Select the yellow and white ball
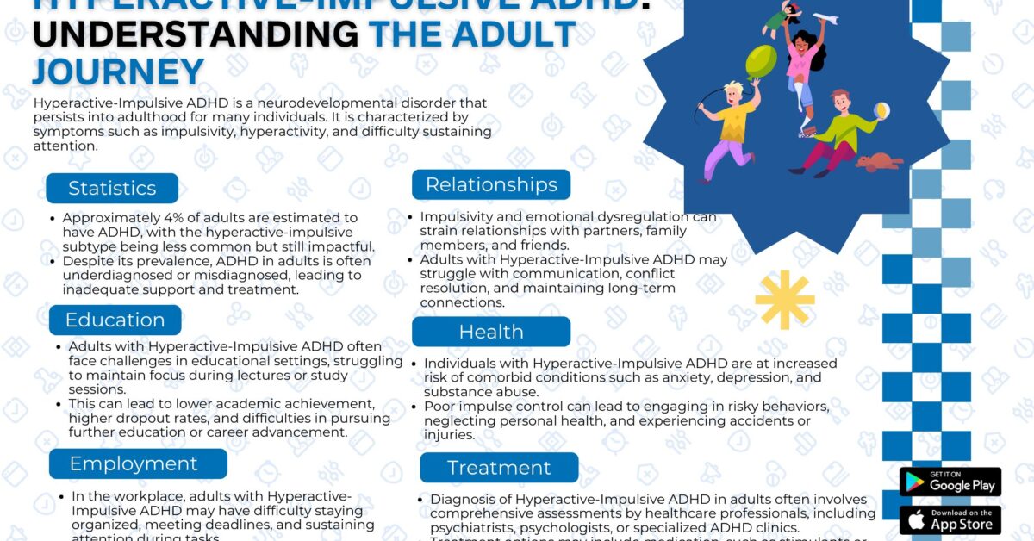pyautogui.click(x=882, y=111)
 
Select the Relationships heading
pyautogui.click(x=491, y=184)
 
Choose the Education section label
pyautogui.click(x=115, y=320)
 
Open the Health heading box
pyautogui.click(x=491, y=332)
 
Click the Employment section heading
pyautogui.click(x=134, y=463)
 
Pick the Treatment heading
pyautogui.click(x=499, y=468)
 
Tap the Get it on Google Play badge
pyautogui.click(x=950, y=482)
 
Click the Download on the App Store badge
pyautogui.click(x=950, y=519)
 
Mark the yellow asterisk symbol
pyautogui.click(x=784, y=299)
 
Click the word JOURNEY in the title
pyautogui.click(x=118, y=72)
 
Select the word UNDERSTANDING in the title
pyautogui.click(x=195, y=34)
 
